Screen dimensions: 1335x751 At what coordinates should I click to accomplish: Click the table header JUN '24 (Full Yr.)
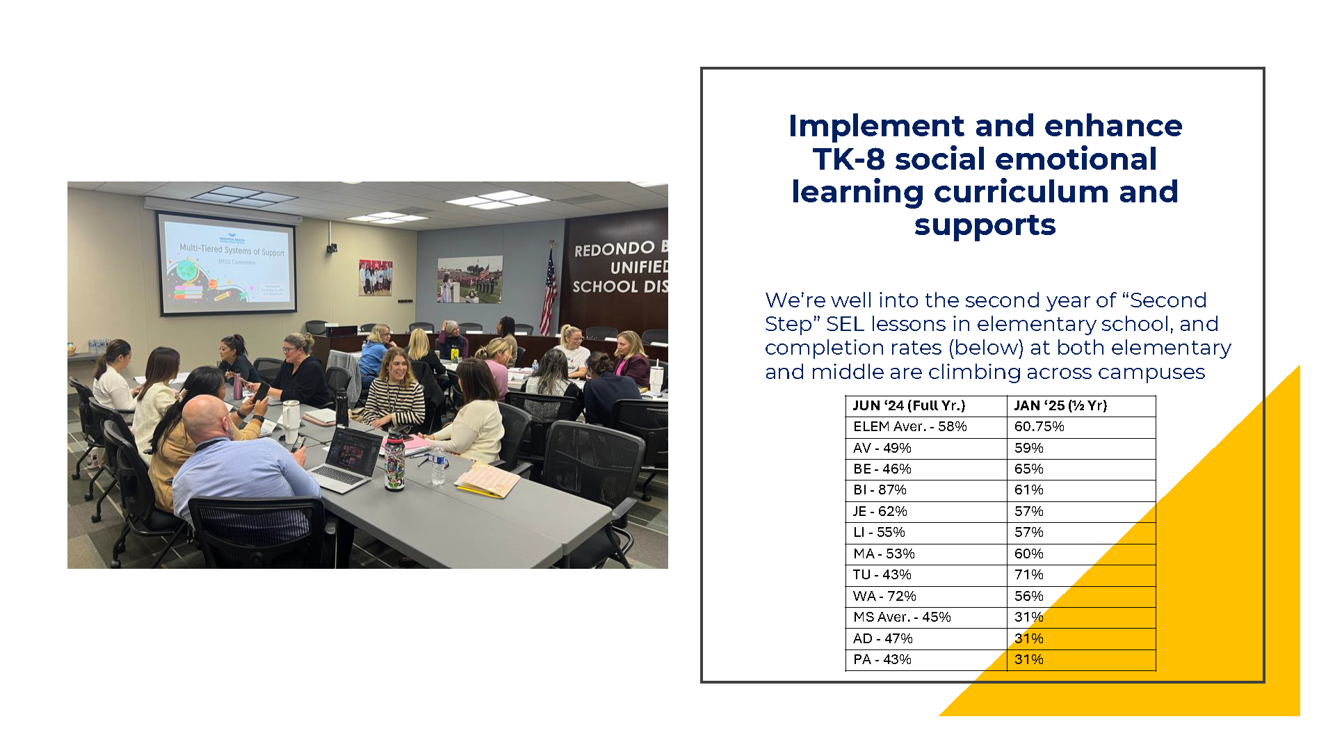pos(909,405)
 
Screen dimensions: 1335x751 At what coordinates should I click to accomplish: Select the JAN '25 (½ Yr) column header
pos(1060,405)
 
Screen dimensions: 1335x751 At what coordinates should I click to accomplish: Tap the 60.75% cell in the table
pos(1039,426)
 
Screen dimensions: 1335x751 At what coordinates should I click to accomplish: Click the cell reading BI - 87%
pos(880,490)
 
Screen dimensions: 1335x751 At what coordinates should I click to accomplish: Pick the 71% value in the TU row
pos(1028,574)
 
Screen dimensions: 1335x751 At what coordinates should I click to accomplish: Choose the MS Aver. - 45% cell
pos(902,617)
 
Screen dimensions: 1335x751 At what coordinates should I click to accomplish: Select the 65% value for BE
pos(1028,469)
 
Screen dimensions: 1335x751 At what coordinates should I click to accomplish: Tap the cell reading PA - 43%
pos(882,659)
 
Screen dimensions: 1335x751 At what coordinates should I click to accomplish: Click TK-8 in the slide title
pos(848,159)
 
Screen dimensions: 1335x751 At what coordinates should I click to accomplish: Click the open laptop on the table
pos(346,458)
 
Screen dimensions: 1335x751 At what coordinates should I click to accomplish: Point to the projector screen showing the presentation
pos(228,263)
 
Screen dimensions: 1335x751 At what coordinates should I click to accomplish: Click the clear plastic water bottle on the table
pos(437,464)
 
